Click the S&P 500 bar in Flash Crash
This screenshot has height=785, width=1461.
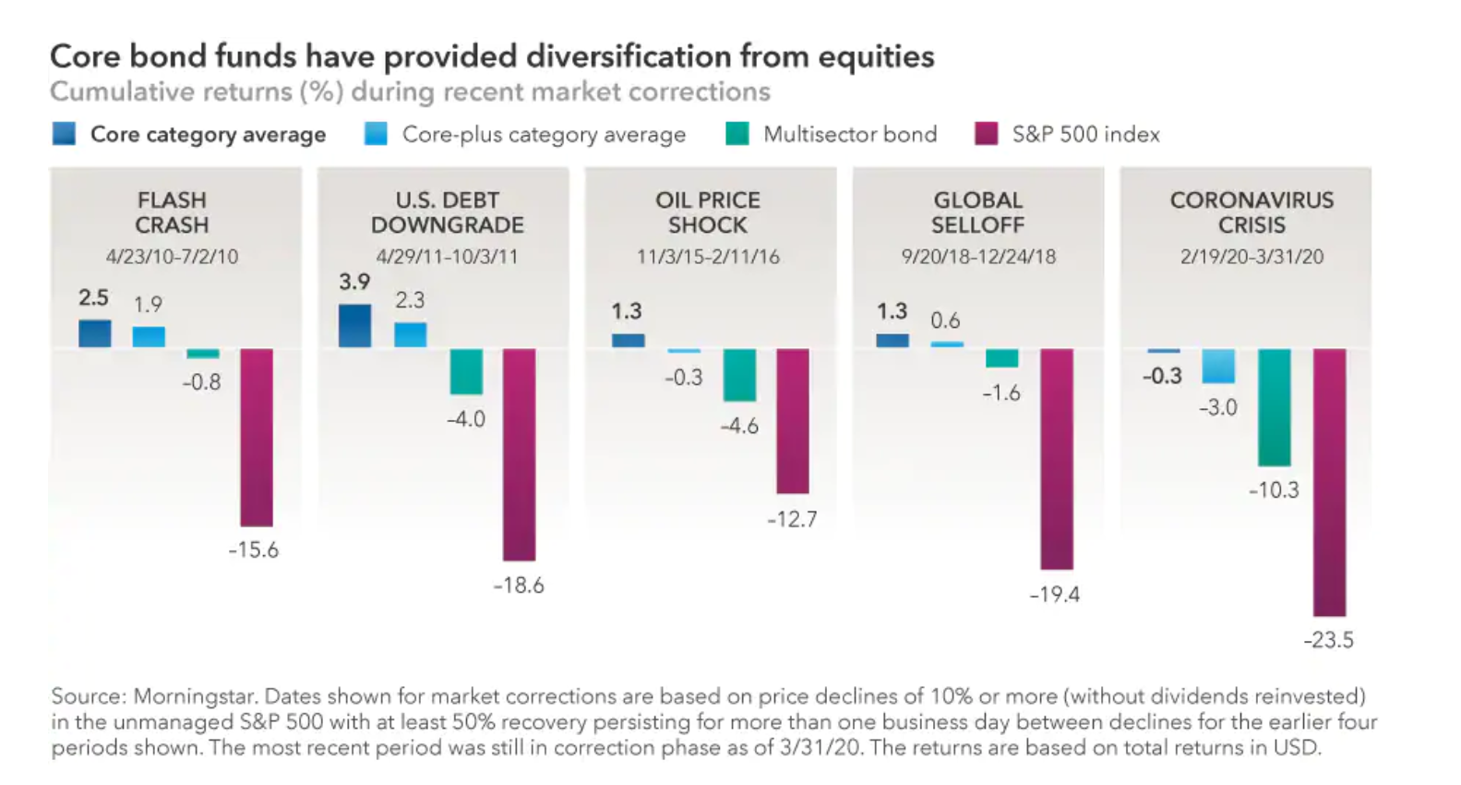pyautogui.click(x=257, y=437)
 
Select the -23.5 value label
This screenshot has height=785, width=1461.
pyautogui.click(x=1328, y=640)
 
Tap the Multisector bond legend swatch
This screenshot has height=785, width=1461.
pyautogui.click(x=737, y=134)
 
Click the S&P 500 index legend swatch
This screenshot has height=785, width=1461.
pyautogui.click(x=986, y=134)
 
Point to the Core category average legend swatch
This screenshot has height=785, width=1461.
pyautogui.click(x=65, y=134)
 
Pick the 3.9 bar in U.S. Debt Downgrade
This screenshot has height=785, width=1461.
pyautogui.click(x=355, y=326)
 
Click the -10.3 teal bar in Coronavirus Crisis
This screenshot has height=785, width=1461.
pyautogui.click(x=1274, y=407)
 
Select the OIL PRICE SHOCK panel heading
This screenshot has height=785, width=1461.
pyautogui.click(x=708, y=212)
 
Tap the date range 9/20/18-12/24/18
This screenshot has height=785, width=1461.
pyautogui.click(x=978, y=257)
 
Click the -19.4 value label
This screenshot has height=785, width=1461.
pyautogui.click(x=1054, y=595)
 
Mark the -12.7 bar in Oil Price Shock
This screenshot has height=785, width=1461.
pyautogui.click(x=793, y=421)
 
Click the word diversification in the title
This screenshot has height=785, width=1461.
pyautogui.click(x=628, y=56)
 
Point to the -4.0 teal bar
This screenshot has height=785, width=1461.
pyautogui.click(x=466, y=371)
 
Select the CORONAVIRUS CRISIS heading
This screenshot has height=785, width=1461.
pyautogui.click(x=1251, y=212)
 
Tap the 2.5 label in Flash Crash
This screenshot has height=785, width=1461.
pyautogui.click(x=93, y=297)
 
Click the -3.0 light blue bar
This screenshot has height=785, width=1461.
pyautogui.click(x=1218, y=366)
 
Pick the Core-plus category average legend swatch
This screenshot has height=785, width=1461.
pyautogui.click(x=376, y=134)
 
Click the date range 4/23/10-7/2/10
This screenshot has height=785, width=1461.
pyautogui.click(x=172, y=257)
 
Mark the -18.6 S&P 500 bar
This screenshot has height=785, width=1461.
pyautogui.click(x=519, y=454)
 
